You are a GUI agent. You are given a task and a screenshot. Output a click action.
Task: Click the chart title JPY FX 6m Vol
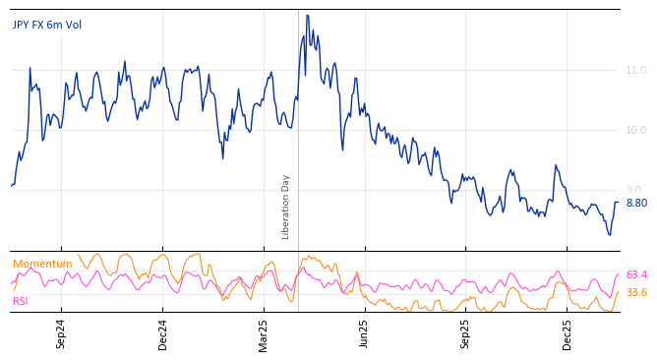click(x=47, y=25)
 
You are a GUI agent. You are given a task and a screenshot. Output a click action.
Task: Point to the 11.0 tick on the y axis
click(x=636, y=71)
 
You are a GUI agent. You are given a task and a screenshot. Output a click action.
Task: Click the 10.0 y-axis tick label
click(x=636, y=131)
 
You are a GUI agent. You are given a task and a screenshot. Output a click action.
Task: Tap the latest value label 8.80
click(x=636, y=204)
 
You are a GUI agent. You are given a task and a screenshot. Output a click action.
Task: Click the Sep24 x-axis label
click(x=61, y=333)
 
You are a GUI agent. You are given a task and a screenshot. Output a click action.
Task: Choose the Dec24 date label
click(x=163, y=333)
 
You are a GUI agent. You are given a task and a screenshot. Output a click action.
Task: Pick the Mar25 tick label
click(x=264, y=333)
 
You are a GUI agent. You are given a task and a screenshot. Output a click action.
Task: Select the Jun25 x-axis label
click(x=365, y=333)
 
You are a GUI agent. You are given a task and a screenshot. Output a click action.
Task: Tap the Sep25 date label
click(x=466, y=333)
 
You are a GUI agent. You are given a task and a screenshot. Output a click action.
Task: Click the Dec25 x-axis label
click(x=567, y=333)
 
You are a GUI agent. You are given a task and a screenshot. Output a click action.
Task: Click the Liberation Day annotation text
click(x=286, y=207)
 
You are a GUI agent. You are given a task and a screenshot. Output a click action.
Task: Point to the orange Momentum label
click(x=42, y=265)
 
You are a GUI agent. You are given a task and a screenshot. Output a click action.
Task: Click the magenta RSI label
click(x=21, y=302)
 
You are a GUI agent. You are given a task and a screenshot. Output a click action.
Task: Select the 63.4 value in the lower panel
click(x=636, y=275)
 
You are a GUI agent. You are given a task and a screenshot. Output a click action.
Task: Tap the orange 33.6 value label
click(x=636, y=293)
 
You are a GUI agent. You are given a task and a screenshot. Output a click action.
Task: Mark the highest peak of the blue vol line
click(x=307, y=16)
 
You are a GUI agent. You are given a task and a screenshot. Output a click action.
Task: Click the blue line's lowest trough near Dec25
click(x=610, y=235)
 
